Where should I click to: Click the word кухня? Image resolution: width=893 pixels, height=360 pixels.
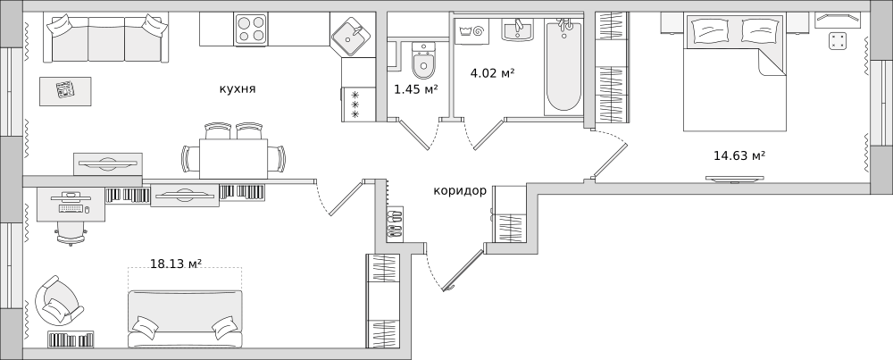(238, 88)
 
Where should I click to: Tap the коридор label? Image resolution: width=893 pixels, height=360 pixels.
(460, 191)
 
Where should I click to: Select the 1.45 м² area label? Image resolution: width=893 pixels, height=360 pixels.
(416, 88)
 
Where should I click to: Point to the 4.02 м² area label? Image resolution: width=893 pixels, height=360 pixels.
(493, 73)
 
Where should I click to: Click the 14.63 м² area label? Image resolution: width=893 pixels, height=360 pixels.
(739, 155)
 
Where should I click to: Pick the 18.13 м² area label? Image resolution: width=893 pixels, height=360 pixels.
(176, 264)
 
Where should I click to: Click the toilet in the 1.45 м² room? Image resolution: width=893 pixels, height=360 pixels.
(423, 61)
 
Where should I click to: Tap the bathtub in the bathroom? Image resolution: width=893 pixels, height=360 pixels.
(563, 66)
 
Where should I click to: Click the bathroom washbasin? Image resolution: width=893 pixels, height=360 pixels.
(518, 29)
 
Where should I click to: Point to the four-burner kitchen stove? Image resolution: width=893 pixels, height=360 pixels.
(251, 29)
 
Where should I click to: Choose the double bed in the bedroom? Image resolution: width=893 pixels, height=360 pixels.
(735, 71)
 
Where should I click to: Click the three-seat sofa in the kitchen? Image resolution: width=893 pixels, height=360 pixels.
(106, 38)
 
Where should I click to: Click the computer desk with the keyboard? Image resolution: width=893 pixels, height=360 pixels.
(71, 205)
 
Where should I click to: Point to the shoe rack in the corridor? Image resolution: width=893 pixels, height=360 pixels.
(395, 222)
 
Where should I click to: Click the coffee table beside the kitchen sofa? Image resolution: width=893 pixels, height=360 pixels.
(65, 91)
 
